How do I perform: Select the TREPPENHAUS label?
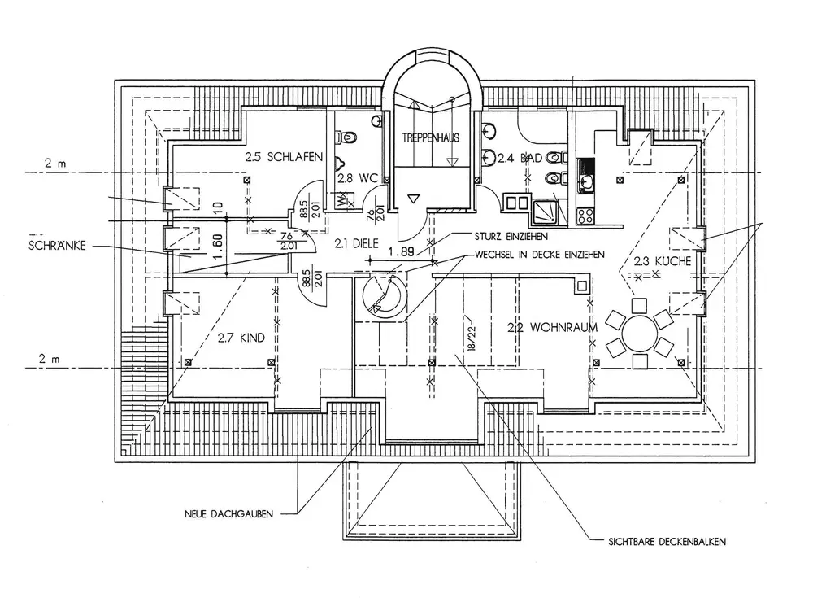pyautogui.click(x=430, y=138)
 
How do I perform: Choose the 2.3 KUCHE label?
pyautogui.click(x=662, y=261)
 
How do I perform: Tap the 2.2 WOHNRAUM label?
pyautogui.click(x=552, y=328)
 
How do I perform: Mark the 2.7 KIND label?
pyautogui.click(x=241, y=337)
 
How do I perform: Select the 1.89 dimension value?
pyautogui.click(x=402, y=252)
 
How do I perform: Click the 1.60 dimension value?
pyautogui.click(x=217, y=246)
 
